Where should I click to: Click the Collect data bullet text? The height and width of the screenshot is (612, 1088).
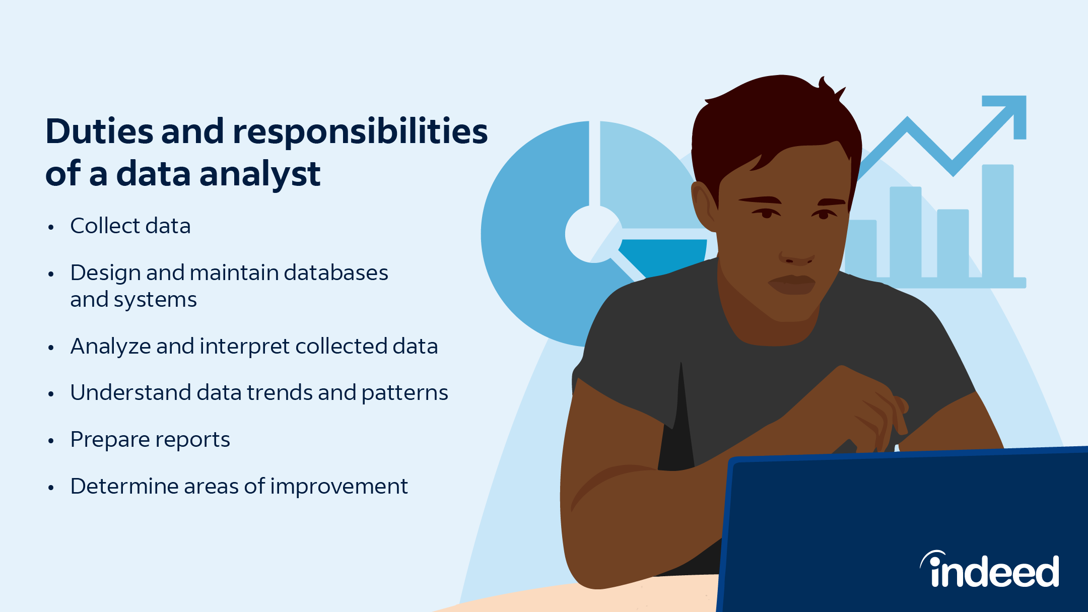pyautogui.click(x=130, y=226)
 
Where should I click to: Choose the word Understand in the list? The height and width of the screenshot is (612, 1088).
pyautogui.click(x=130, y=393)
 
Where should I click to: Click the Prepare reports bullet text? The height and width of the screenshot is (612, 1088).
pyautogui.click(x=150, y=440)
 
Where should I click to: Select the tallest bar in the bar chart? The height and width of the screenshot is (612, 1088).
pyautogui.click(x=998, y=222)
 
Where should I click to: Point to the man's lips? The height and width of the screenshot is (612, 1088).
pyautogui.click(x=791, y=284)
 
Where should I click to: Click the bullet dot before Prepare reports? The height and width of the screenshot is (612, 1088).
pyautogui.click(x=51, y=441)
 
